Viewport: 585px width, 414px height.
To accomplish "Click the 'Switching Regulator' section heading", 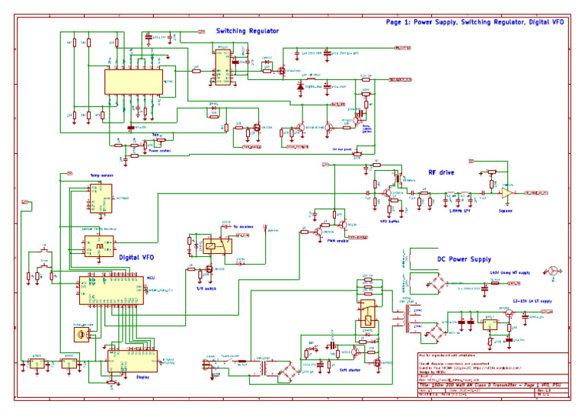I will pyautogui.click(x=248, y=31).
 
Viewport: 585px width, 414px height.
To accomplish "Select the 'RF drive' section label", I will pyautogui.click(x=442, y=173).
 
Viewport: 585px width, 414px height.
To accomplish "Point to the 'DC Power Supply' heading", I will pyautogui.click(x=464, y=259).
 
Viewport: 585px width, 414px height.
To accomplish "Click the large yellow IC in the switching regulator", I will pyautogui.click(x=134, y=82).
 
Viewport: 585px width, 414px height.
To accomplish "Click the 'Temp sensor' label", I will pyautogui.click(x=101, y=176).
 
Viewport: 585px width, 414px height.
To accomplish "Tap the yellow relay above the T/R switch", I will pyautogui.click(x=213, y=246).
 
